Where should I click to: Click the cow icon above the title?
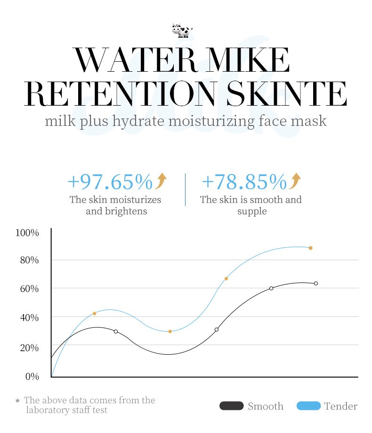click(x=182, y=30)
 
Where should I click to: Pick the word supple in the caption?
click(x=252, y=211)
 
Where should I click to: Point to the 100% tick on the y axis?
click(x=27, y=233)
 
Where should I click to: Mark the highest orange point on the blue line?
click(x=311, y=248)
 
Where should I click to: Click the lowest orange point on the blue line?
click(x=170, y=332)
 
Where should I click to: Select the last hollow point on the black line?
click(x=316, y=283)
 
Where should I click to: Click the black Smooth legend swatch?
click(x=231, y=406)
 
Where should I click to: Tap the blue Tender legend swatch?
click(x=308, y=406)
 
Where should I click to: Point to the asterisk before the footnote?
click(x=17, y=401)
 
